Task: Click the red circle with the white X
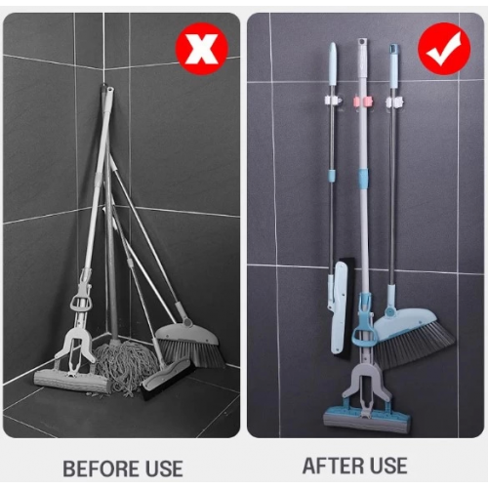(200, 47)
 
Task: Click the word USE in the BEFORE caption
(159, 468)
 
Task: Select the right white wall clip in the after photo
(394, 101)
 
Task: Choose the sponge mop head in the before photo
(71, 381)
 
